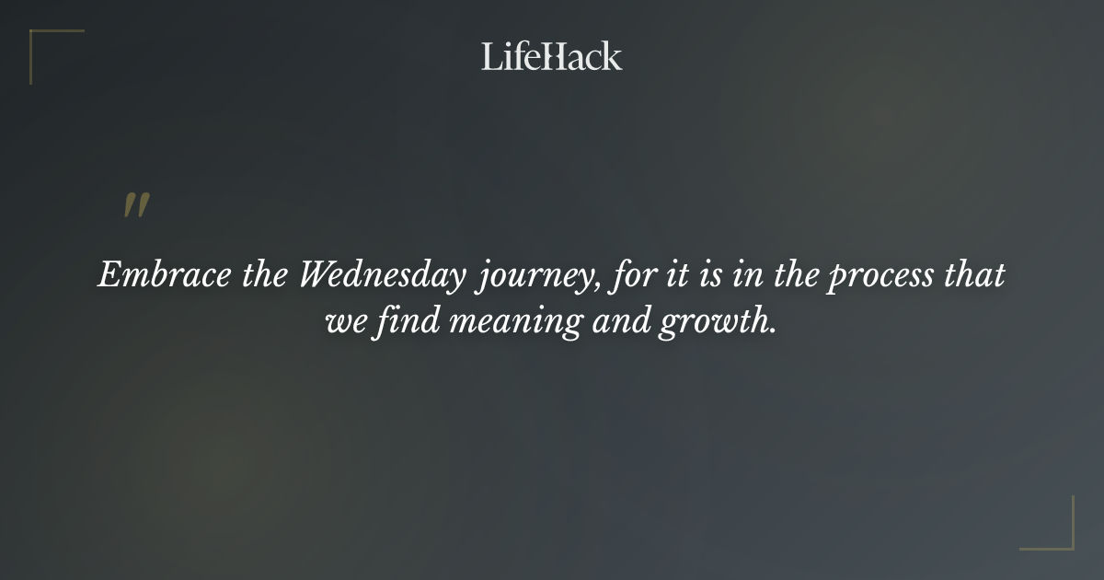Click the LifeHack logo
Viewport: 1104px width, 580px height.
(551, 57)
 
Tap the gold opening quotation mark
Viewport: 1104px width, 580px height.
(135, 205)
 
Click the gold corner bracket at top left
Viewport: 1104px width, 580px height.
(41, 41)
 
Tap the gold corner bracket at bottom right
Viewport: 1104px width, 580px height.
(1062, 539)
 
